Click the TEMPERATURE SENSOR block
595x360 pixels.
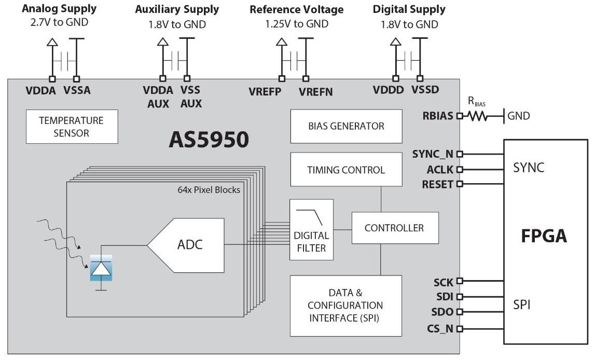click(72, 127)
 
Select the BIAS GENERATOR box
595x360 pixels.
click(346, 126)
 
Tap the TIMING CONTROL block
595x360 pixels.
click(346, 170)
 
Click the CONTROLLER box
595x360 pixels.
click(394, 228)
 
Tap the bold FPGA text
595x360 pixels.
click(544, 237)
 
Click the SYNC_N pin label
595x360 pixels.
click(433, 154)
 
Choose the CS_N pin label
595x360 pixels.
click(440, 328)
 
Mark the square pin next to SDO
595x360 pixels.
click(459, 312)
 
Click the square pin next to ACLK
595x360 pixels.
click(459, 169)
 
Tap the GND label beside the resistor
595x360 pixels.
click(519, 116)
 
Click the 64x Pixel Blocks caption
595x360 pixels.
click(209, 190)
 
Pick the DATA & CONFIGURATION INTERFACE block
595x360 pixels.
click(346, 306)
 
